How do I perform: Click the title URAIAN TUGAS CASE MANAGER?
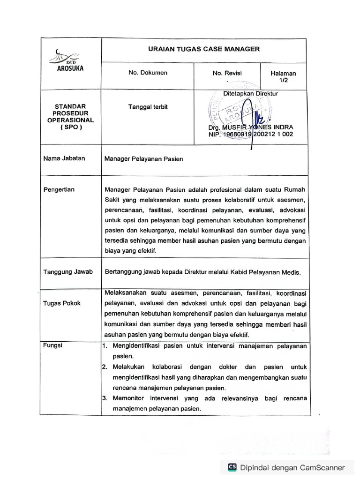point(203,49)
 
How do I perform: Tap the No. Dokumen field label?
point(148,73)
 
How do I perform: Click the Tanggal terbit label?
point(148,107)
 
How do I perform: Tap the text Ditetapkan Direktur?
point(251,94)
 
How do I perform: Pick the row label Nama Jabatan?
point(64,158)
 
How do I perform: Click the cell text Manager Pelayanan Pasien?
point(143,159)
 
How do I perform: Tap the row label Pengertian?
point(59,189)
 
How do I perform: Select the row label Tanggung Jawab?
point(68,271)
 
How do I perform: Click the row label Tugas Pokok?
point(62,303)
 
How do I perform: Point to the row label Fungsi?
point(52,346)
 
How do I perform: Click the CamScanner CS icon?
point(232,467)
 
